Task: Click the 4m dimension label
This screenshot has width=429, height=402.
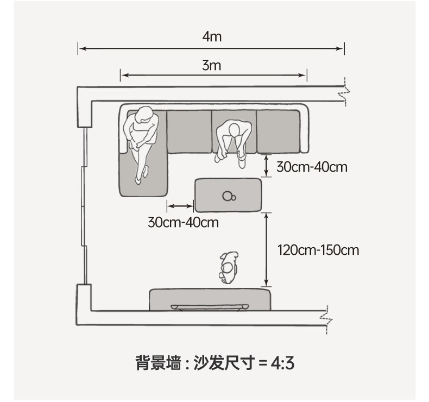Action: (212, 37)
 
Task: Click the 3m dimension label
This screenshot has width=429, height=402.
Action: (211, 65)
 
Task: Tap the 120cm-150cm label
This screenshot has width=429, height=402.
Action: (318, 250)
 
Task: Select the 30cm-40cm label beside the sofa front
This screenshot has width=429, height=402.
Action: (312, 167)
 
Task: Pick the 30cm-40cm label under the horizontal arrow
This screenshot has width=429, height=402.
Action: (184, 222)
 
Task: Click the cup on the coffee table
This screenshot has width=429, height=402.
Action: (229, 196)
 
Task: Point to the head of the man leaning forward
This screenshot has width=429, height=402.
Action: (234, 129)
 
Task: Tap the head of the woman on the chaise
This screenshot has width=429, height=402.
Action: (144, 115)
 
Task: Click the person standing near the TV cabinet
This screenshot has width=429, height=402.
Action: (229, 268)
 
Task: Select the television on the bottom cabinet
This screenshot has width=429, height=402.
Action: (210, 307)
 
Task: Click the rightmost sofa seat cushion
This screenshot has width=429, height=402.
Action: (278, 131)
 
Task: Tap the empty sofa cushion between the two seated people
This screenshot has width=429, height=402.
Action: (190, 131)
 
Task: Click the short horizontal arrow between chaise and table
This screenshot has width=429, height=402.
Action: (180, 206)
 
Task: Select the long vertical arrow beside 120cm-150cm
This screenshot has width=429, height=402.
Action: (267, 249)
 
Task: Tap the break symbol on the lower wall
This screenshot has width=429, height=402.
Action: (326, 319)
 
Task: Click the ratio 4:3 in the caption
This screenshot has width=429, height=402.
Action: (282, 363)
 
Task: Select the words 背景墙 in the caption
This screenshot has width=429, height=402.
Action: (159, 363)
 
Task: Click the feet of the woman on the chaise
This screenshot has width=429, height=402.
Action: (142, 175)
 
